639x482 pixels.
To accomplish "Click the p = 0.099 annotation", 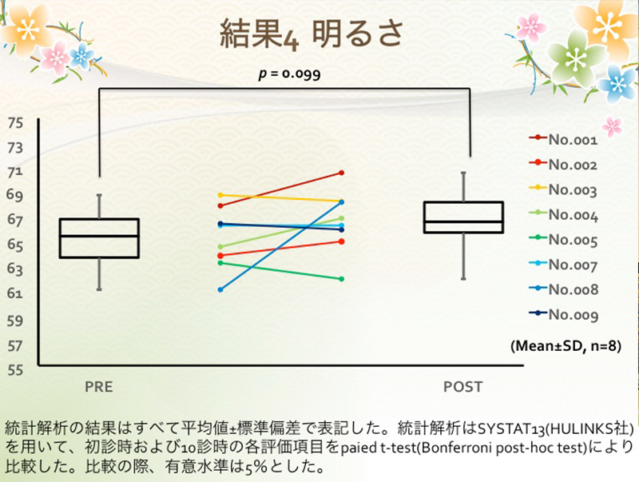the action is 289,74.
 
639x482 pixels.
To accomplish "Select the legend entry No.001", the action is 563,139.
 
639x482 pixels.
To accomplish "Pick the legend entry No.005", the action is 563,240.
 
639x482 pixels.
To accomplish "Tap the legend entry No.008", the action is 563,289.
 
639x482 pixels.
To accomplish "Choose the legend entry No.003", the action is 563,189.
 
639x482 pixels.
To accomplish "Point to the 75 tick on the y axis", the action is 15,123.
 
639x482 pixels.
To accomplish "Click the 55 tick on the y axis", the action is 15,370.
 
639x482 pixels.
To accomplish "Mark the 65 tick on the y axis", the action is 15,245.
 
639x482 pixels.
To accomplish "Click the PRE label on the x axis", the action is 99,387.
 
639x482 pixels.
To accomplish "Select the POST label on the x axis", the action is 463,387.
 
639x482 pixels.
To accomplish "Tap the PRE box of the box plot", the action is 99,238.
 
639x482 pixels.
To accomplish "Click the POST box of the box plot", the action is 464,217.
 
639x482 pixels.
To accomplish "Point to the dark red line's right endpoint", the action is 342,173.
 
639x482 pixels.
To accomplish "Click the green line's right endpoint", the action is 342,279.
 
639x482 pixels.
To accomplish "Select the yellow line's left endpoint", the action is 220,195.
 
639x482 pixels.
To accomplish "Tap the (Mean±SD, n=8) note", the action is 566,346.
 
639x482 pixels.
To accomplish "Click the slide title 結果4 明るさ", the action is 312,34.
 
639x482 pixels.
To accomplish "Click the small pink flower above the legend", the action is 612,126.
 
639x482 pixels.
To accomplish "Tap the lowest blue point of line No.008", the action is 220,289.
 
